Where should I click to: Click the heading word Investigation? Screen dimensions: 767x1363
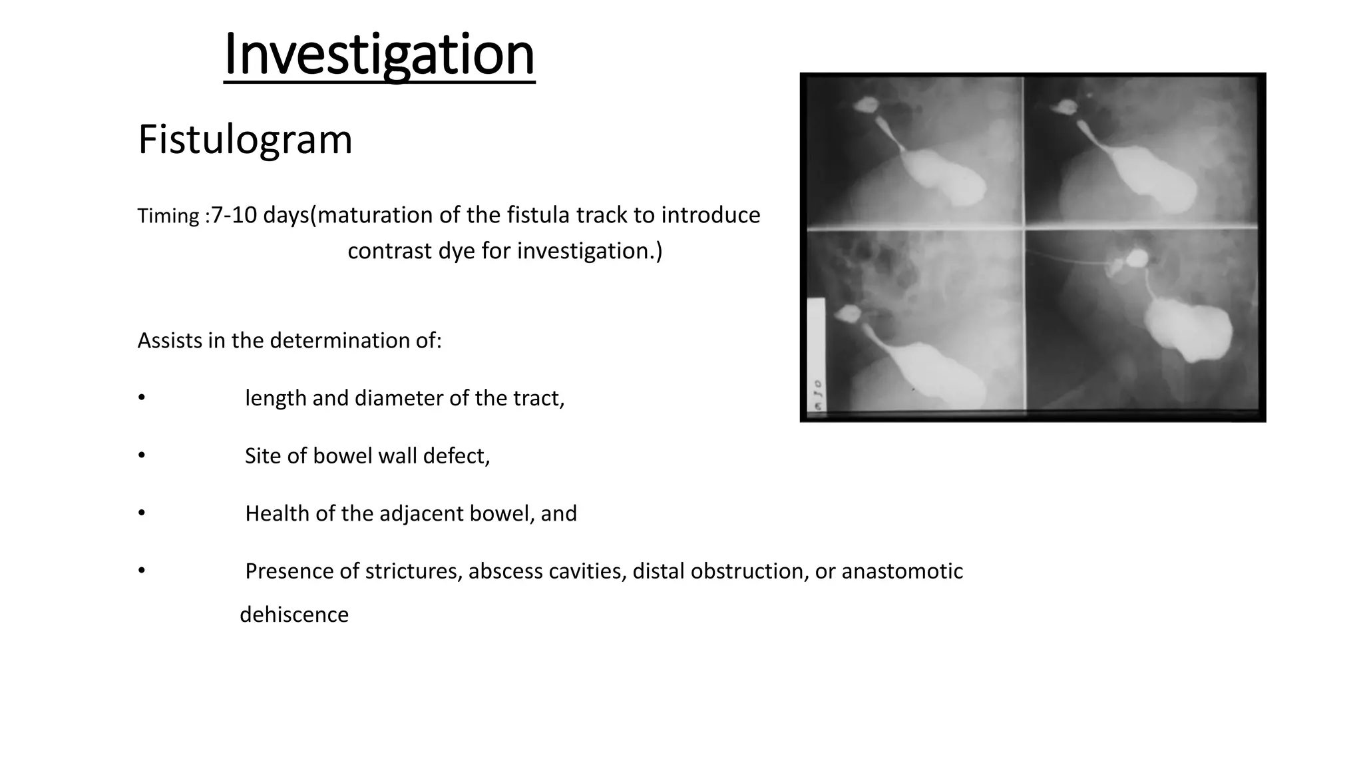[x=379, y=55]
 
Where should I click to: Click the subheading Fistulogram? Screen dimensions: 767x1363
[x=245, y=140]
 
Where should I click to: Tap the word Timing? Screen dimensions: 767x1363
[x=168, y=216]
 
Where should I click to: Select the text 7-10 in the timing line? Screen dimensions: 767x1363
[x=234, y=215]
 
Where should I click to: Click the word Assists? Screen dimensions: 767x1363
[x=170, y=340]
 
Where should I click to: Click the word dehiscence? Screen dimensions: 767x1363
[x=294, y=615]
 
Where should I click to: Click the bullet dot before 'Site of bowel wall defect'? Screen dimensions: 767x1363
[x=141, y=456]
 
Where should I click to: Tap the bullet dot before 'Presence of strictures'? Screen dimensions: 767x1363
[x=141, y=571]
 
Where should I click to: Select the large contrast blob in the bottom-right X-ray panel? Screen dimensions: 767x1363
[x=1188, y=330]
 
